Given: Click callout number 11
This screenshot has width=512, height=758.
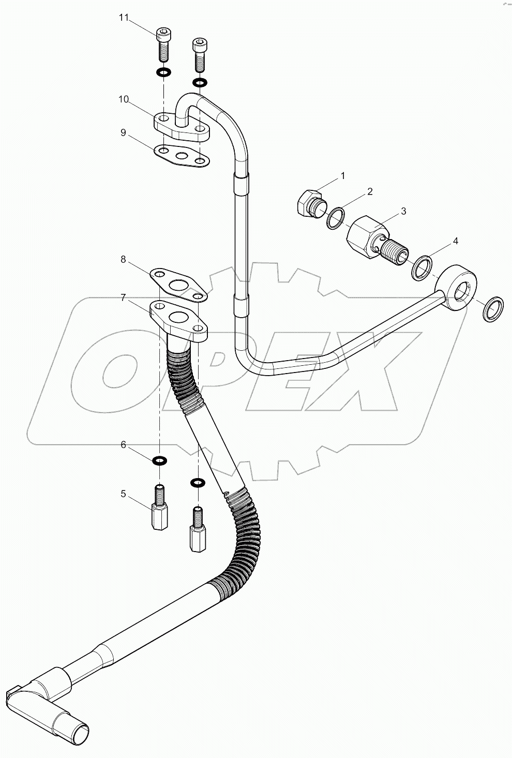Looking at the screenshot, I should (123, 18).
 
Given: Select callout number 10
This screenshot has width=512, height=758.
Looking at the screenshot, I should (123, 99).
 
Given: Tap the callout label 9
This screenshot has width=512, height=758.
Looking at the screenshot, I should (123, 132).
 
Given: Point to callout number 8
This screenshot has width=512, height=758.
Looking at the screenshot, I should (123, 260).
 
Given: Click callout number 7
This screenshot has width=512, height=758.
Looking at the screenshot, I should (123, 297).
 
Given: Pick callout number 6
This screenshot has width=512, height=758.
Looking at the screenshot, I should (123, 445).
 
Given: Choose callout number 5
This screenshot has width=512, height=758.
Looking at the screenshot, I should (123, 494).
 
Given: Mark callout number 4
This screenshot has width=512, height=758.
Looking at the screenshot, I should (455, 241).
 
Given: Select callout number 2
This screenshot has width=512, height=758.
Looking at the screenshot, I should (370, 192).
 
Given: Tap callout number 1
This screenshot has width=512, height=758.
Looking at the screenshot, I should (342, 176).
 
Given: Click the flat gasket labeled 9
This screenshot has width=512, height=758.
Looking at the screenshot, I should (182, 156).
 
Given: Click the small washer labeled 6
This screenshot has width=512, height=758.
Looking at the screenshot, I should (159, 460).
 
